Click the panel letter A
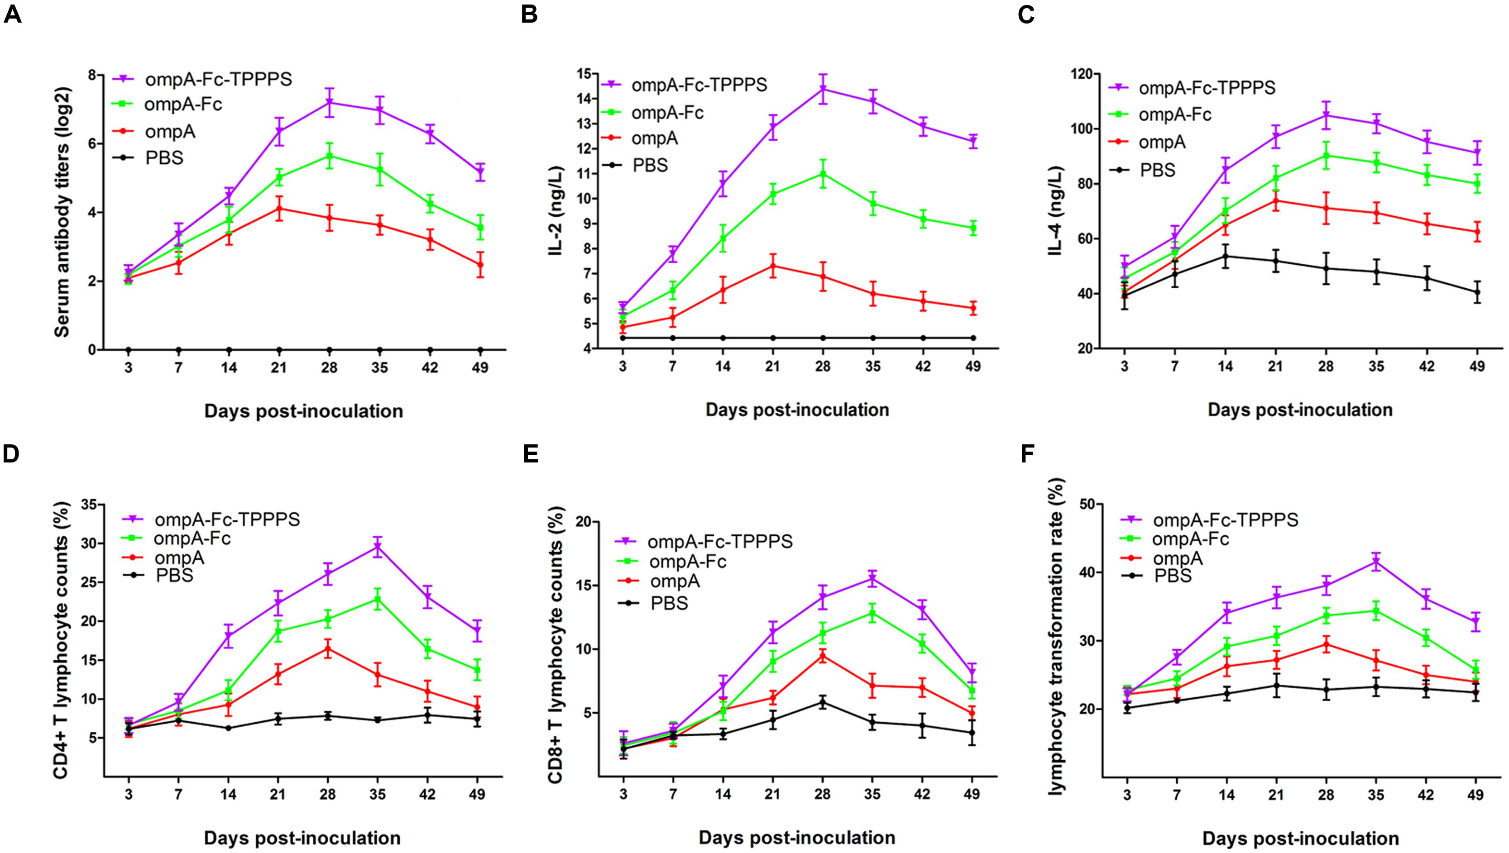pyautogui.click(x=12, y=14)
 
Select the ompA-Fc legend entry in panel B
pyautogui.click(x=667, y=112)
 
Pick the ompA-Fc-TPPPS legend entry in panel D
pyautogui.click(x=227, y=519)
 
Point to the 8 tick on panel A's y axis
pyautogui.click(x=92, y=75)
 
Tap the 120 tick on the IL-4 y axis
pyautogui.click(x=1087, y=74)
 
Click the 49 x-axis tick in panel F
pyautogui.click(x=1477, y=796)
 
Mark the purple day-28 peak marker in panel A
pyautogui.click(x=329, y=103)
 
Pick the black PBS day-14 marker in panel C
pyautogui.click(x=1226, y=256)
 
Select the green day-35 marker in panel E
pyautogui.click(x=872, y=613)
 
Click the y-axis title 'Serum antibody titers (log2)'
pyautogui.click(x=62, y=212)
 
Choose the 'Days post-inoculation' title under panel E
pyautogui.click(x=797, y=837)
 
